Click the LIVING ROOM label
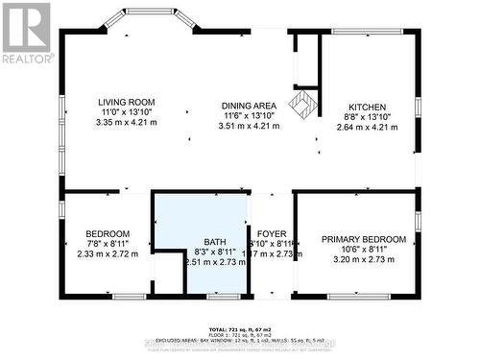click(x=126, y=102)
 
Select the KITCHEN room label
click(x=367, y=108)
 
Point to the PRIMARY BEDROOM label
click(x=364, y=239)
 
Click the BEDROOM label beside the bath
click(x=108, y=233)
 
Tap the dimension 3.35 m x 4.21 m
click(x=126, y=123)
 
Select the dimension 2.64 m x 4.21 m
click(x=367, y=129)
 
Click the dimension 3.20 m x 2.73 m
click(x=364, y=259)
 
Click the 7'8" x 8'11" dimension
click(x=108, y=244)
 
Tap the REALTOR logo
click(x=26, y=33)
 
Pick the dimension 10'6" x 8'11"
click(x=364, y=250)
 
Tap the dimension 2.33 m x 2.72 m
click(x=108, y=254)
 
